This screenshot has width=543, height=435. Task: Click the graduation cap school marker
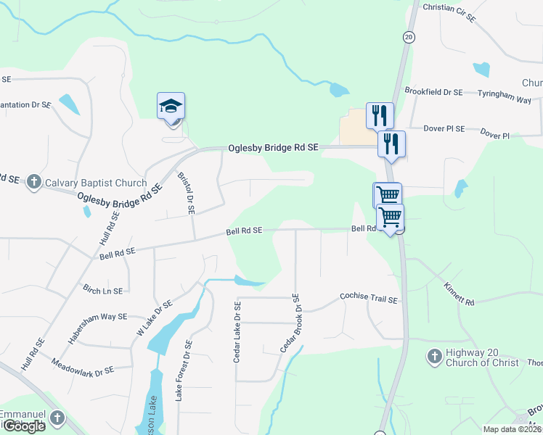[171, 107]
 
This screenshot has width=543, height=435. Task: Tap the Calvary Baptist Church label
[94, 183]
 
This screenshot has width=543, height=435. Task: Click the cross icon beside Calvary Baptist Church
[33, 183]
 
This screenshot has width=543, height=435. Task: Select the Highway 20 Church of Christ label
[483, 357]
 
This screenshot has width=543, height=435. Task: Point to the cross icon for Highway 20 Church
[434, 357]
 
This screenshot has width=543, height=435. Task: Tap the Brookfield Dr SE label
[433, 92]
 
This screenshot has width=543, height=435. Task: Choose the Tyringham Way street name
[507, 94]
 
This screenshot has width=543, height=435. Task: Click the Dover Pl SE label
[445, 128]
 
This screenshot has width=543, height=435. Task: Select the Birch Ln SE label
[102, 290]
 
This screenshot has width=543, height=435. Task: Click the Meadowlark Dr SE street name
[83, 365]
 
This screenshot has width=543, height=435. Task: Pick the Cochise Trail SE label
[370, 299]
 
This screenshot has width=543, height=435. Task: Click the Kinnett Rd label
[459, 294]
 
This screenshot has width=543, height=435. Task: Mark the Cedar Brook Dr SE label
[289, 323]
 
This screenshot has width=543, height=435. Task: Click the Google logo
[23, 426]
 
